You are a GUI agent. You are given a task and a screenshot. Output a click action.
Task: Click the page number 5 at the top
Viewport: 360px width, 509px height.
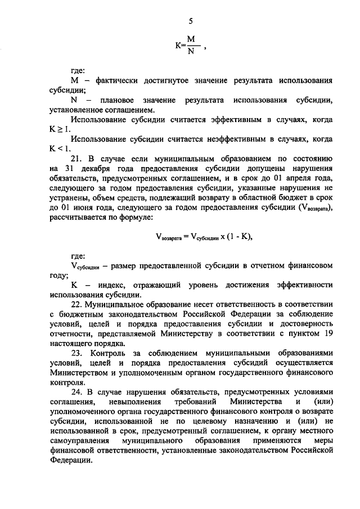tap(190, 21)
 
